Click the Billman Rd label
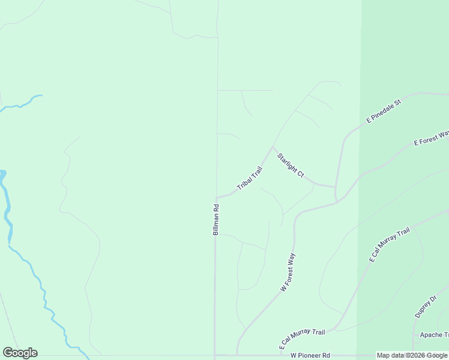pos(216,219)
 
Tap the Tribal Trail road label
pos(250,179)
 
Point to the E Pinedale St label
pos(384,112)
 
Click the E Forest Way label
pos(432,138)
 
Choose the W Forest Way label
pos(288,272)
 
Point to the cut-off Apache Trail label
pos(434,335)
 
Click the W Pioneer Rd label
pos(310,356)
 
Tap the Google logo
pos(20,353)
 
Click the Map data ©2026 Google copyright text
pos(412,356)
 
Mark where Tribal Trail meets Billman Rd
pos(216,197)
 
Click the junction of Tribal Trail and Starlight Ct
pos(273,147)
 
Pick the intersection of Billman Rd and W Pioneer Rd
pos(215,355)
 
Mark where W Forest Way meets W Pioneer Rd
pos(237,355)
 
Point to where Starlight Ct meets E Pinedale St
pos(335,187)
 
